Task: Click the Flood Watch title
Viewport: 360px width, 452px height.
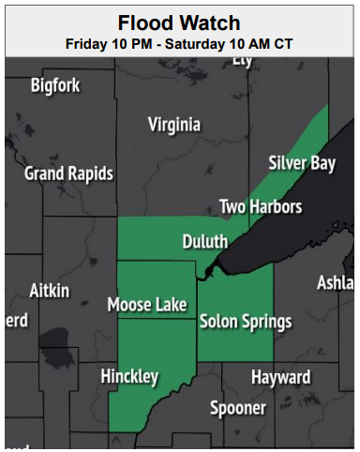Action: (179, 23)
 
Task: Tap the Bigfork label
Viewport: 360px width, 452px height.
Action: (55, 86)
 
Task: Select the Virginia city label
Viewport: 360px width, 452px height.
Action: (174, 125)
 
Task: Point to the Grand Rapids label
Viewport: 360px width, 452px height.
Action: (68, 173)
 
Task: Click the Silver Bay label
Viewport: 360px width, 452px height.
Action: (302, 163)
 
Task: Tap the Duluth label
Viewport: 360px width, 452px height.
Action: (205, 242)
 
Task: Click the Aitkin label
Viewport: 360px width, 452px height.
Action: (49, 291)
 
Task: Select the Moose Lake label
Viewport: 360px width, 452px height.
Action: (147, 305)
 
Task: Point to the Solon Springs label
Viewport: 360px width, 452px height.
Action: (246, 322)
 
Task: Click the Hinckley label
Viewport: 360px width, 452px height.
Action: (129, 377)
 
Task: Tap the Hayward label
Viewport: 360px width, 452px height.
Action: (280, 377)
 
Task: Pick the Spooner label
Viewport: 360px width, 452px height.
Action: (237, 408)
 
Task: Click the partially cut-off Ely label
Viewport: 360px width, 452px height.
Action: (243, 60)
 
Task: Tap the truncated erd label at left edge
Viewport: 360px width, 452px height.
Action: (16, 321)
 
